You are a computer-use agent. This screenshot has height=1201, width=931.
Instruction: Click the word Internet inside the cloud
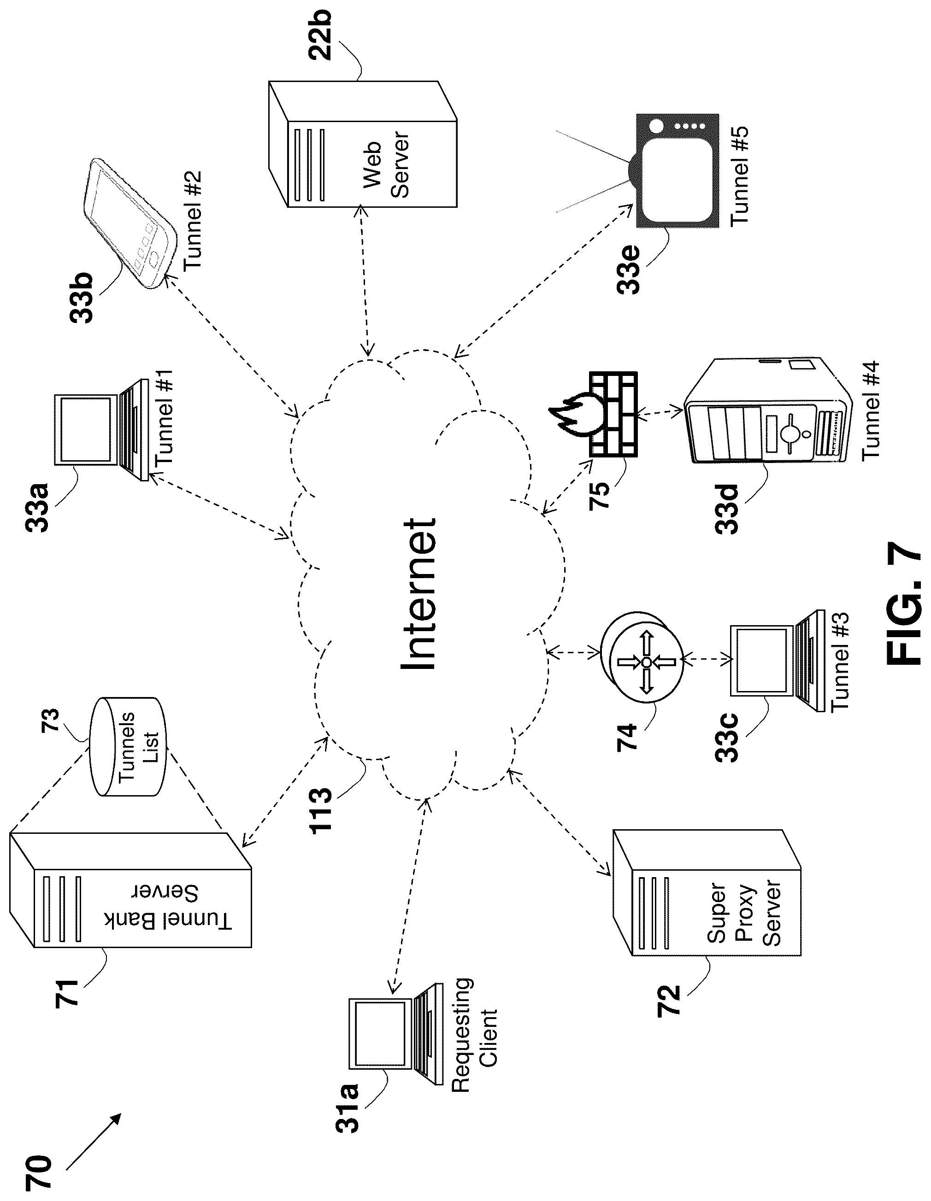[419, 594]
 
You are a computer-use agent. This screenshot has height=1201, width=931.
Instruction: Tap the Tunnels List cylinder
[127, 747]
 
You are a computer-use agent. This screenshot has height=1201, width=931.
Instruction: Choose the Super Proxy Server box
[707, 893]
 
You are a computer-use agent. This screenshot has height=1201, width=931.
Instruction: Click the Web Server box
[363, 144]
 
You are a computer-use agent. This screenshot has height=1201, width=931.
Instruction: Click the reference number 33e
[628, 269]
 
